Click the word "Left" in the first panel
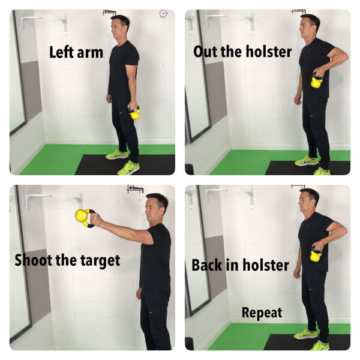62,52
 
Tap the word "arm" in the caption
90,53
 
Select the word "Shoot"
33,260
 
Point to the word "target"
100,261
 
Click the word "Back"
207,265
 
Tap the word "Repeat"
262,313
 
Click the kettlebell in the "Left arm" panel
134,113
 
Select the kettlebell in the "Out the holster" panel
317,81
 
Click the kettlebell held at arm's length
84,218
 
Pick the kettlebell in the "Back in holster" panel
316,254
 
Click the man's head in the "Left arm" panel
120,26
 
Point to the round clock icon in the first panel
163,14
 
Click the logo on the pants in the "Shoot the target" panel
151,312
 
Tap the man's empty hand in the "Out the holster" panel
298,100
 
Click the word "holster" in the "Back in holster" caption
266,265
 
